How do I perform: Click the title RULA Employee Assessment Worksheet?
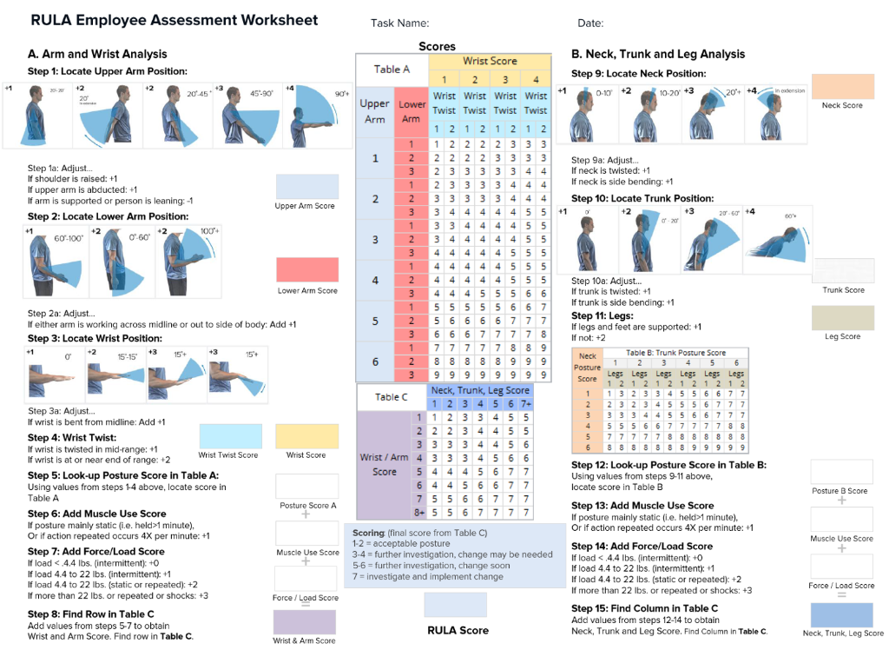[175, 20]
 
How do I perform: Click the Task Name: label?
[399, 23]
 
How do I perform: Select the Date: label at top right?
[590, 23]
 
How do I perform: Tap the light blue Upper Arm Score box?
[306, 187]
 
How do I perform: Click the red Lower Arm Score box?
[306, 270]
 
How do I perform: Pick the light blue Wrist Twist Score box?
[230, 436]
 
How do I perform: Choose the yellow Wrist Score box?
[306, 436]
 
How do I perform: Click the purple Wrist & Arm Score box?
[304, 622]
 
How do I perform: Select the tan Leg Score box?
[842, 317]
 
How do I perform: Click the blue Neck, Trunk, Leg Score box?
[841, 615]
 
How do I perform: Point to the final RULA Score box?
[455, 605]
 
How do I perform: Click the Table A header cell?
[392, 70]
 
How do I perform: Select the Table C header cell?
[392, 397]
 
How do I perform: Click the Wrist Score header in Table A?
[490, 62]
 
